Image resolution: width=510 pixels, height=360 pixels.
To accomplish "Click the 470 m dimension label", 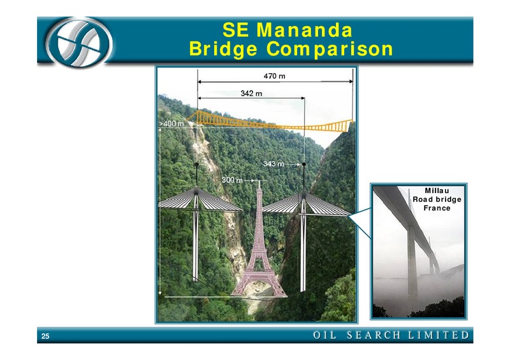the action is (x=274, y=76).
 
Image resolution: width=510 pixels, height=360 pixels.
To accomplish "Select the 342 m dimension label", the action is (x=251, y=94).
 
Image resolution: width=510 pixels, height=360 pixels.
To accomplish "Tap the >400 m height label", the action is (x=171, y=124).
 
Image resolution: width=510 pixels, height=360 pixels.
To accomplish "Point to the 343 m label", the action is (x=273, y=164).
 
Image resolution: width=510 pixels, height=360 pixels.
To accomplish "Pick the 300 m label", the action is (x=232, y=180).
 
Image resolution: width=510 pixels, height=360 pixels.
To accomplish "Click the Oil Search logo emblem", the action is (x=78, y=43).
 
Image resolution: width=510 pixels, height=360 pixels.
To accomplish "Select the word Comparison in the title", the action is (x=330, y=49).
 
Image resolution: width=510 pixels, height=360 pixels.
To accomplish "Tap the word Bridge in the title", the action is (x=223, y=49).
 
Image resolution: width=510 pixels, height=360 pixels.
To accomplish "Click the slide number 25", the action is (x=45, y=336).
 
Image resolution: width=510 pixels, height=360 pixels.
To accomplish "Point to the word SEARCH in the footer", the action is (x=374, y=335).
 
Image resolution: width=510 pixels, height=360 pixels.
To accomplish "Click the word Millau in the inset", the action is (x=437, y=191).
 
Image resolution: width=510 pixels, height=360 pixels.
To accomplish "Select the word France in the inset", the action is (x=437, y=208).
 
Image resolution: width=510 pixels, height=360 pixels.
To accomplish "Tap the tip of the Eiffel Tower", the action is (x=259, y=181).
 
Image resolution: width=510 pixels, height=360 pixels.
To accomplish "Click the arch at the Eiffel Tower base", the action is (x=259, y=285).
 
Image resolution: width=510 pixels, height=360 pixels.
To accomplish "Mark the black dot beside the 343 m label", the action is (x=304, y=164).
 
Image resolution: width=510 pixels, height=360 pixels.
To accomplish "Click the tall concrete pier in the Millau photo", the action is (x=412, y=267).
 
